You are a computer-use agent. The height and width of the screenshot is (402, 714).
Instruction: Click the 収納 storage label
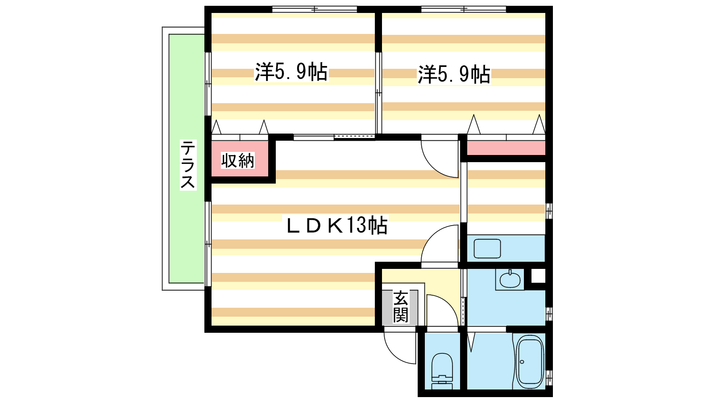(x=238, y=160)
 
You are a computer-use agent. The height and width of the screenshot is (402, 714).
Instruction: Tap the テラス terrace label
(x=188, y=165)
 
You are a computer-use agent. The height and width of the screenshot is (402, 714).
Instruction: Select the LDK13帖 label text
(x=337, y=225)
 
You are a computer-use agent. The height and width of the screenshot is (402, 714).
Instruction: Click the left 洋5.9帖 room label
(x=291, y=72)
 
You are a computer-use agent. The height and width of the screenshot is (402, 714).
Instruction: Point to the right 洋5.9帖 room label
(x=454, y=75)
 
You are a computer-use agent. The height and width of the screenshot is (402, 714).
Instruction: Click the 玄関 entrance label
(x=401, y=307)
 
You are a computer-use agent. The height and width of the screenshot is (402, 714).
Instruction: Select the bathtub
(x=530, y=362)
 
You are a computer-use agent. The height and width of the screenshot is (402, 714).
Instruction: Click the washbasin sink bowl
(x=510, y=280)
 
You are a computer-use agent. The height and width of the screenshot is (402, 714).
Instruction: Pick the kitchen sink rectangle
(x=487, y=248)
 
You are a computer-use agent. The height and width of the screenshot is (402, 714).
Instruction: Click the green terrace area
(x=187, y=159)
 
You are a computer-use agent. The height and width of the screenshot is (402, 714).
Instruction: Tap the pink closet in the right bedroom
(x=506, y=148)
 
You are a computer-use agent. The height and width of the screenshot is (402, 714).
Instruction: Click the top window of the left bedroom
(x=314, y=9)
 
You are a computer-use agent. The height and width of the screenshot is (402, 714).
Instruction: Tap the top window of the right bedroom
(x=464, y=9)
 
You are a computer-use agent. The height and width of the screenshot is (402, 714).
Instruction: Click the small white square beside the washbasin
(x=538, y=276)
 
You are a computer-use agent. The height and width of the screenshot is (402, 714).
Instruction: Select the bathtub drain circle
(x=522, y=362)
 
